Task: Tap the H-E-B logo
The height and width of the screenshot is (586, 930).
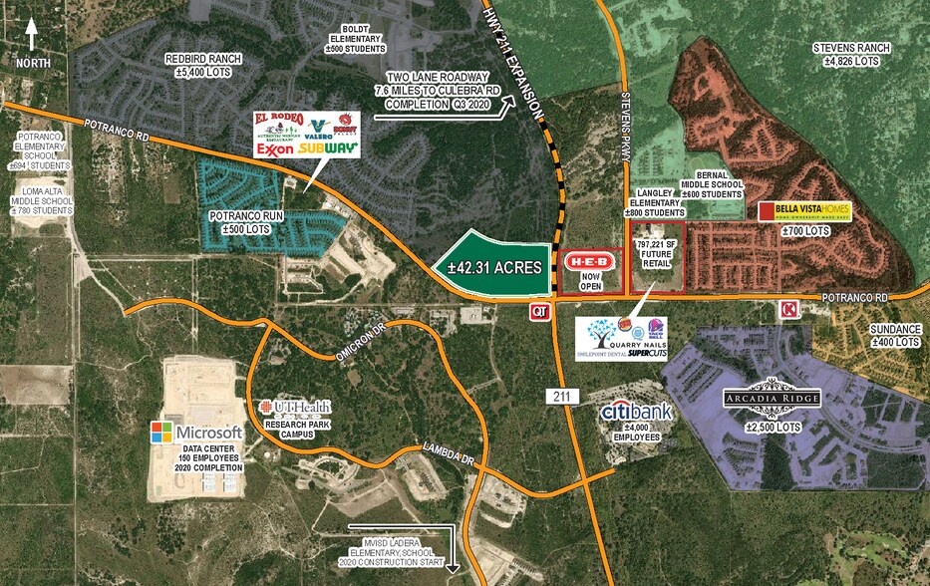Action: point(587,261)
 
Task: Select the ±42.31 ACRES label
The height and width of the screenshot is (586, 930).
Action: point(494,267)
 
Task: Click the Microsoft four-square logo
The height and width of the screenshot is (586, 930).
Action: point(160,433)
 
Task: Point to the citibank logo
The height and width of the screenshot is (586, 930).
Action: point(636,411)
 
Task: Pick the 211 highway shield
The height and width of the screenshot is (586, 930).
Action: point(560,397)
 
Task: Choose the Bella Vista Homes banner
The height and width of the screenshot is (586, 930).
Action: point(805,211)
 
